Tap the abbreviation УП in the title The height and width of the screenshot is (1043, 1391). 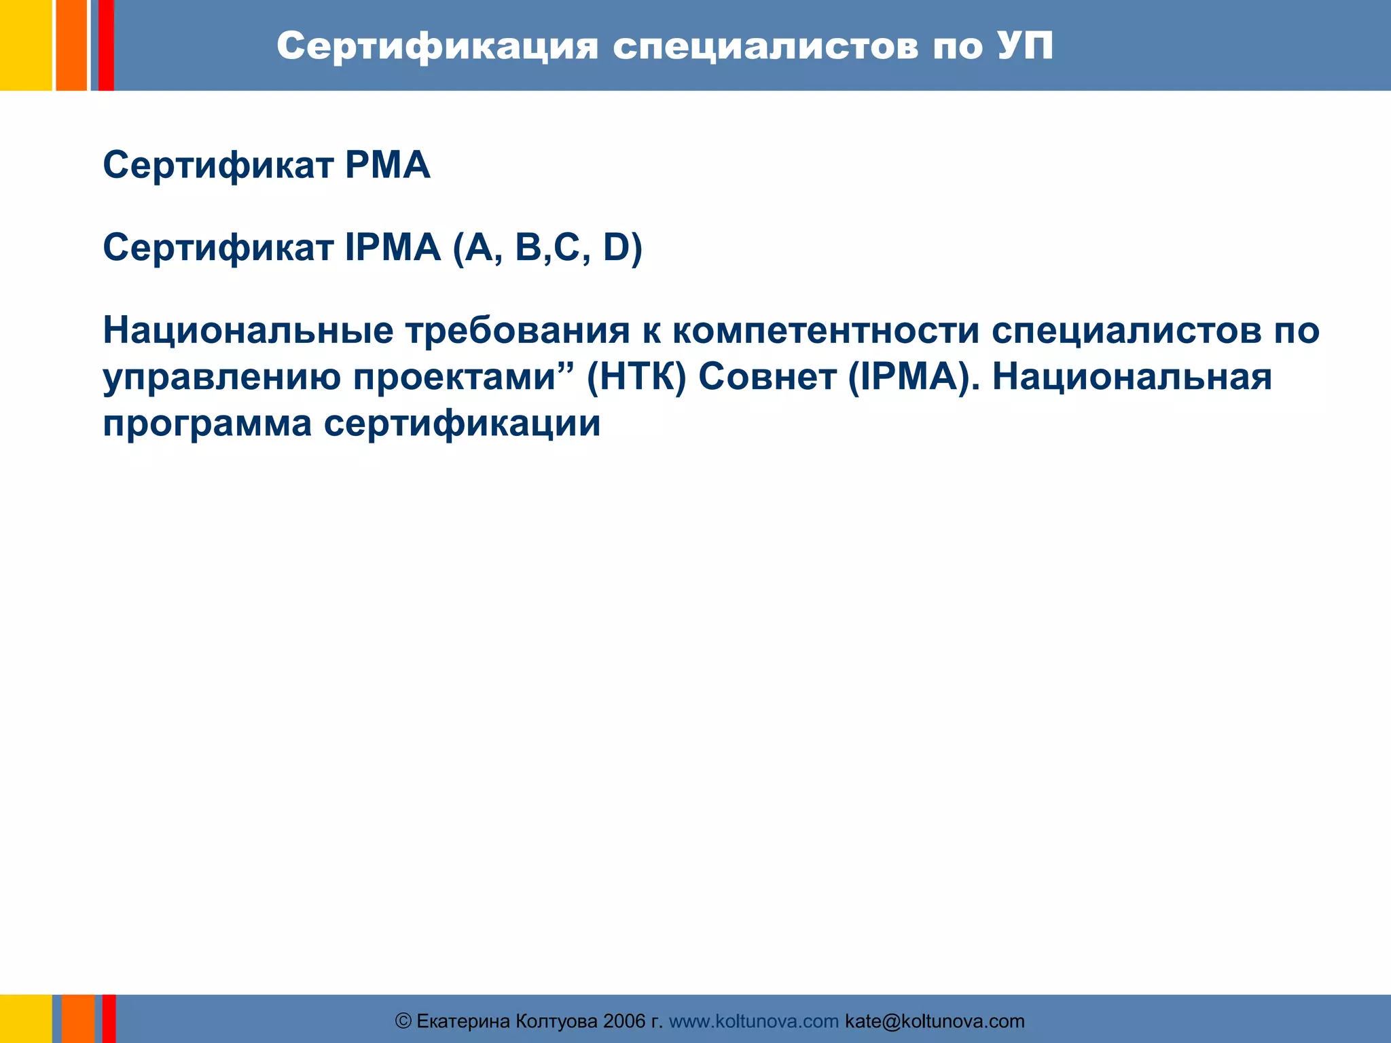[1026, 46]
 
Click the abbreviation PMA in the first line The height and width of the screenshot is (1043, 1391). [388, 165]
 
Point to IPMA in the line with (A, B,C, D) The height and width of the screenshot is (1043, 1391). [393, 247]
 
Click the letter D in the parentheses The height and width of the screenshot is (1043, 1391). [617, 247]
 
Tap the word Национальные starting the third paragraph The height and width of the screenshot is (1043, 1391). [248, 331]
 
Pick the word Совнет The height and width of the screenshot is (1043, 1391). [767, 377]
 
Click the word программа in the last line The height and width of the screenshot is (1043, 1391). [207, 424]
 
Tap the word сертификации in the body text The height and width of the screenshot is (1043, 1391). [462, 424]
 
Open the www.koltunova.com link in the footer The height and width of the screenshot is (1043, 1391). [754, 1021]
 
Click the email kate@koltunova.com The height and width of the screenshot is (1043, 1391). [935, 1021]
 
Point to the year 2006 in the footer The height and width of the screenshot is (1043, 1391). [624, 1021]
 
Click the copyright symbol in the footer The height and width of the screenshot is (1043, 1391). [403, 1021]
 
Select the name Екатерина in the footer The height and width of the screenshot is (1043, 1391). [463, 1021]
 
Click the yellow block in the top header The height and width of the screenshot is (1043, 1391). [26, 45]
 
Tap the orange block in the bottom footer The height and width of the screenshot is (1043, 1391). [78, 1019]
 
